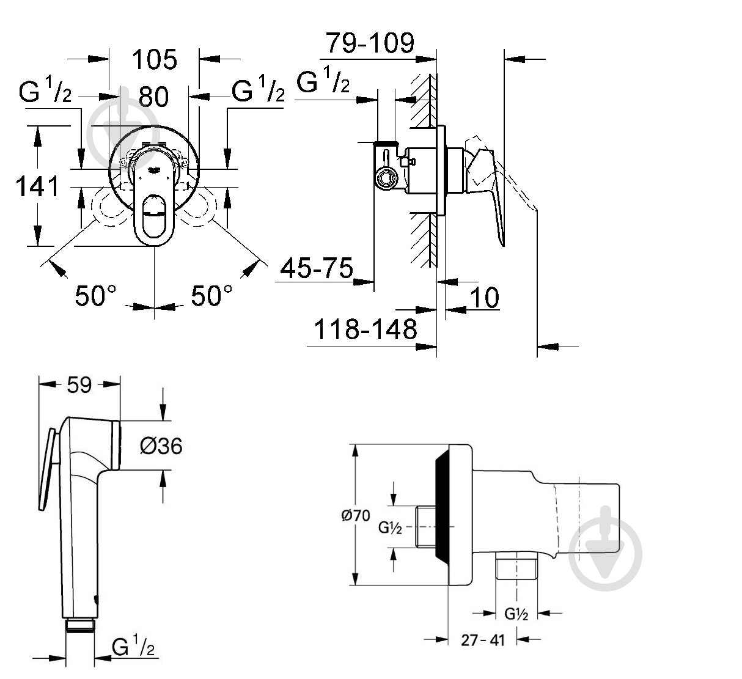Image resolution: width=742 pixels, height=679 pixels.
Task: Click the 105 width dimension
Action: [155, 59]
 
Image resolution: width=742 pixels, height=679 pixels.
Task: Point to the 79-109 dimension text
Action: [370, 43]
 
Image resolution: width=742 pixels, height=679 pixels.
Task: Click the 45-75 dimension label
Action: [317, 267]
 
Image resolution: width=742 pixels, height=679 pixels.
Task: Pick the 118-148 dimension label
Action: [365, 329]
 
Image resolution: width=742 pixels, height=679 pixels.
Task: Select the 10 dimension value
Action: [485, 298]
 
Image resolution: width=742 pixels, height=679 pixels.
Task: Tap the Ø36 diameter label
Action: [161, 447]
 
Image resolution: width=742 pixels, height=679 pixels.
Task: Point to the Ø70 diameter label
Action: [356, 515]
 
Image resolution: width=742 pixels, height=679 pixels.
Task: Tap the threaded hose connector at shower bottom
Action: [80, 624]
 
